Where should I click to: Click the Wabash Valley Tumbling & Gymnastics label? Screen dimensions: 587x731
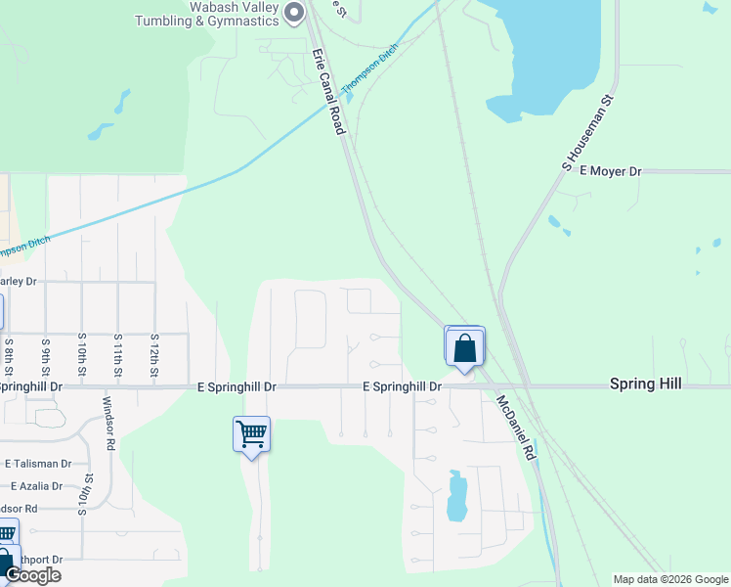click(x=206, y=13)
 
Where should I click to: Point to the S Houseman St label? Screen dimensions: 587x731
click(x=587, y=129)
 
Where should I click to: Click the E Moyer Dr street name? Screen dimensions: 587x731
click(x=610, y=171)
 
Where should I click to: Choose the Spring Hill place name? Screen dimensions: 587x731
click(x=645, y=384)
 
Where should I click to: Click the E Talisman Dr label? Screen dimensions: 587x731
click(x=38, y=464)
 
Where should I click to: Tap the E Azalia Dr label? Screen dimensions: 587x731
click(x=36, y=486)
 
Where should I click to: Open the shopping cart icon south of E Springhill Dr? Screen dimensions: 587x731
click(x=251, y=433)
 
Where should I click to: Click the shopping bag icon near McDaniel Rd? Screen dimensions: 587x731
click(x=464, y=347)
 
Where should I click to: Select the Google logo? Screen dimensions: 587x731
click(x=33, y=575)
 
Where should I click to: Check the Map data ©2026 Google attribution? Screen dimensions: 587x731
click(x=670, y=579)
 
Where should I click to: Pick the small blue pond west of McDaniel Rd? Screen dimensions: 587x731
click(x=456, y=496)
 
